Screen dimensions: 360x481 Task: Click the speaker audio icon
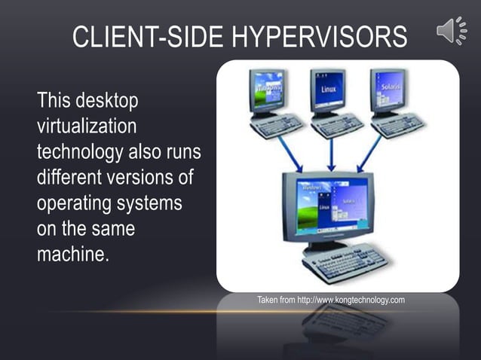tap(451, 31)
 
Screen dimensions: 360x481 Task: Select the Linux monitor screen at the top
tap(329, 89)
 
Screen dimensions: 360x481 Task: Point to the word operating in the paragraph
tap(74, 203)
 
